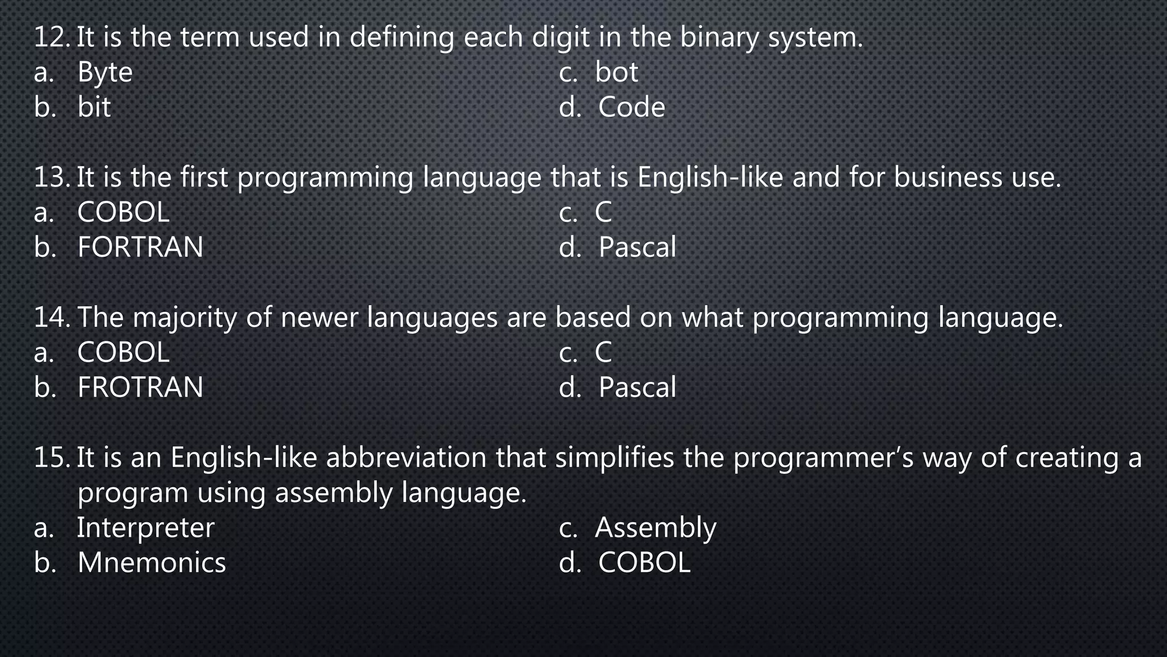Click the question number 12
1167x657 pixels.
(x=51, y=38)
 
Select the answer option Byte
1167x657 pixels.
(x=105, y=73)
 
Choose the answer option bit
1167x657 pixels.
(x=94, y=108)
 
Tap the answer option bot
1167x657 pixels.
(x=617, y=72)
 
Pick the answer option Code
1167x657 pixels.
(x=631, y=108)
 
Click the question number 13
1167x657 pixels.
(x=51, y=177)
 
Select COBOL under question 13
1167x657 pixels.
(x=123, y=213)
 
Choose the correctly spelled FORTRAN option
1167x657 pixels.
(x=140, y=248)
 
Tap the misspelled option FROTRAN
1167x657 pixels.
(x=140, y=388)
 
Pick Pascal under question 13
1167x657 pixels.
(x=637, y=248)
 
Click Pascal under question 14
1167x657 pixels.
(x=637, y=388)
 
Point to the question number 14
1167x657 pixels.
(x=51, y=318)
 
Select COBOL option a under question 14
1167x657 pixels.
(x=123, y=353)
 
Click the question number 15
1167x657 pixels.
(x=51, y=458)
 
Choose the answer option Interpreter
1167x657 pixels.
(x=145, y=528)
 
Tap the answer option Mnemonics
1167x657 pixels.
(x=152, y=563)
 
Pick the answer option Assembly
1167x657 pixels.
(x=655, y=528)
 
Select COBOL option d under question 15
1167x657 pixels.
(x=644, y=563)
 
